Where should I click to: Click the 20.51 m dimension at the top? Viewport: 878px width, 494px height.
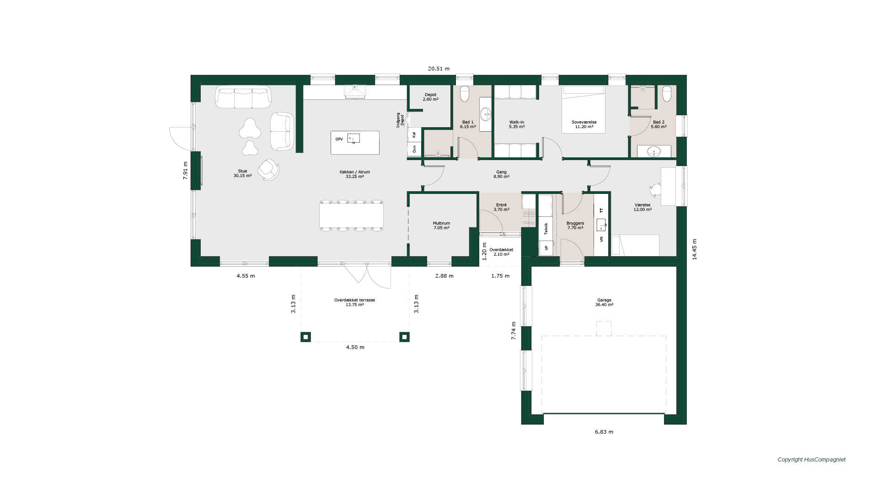439,69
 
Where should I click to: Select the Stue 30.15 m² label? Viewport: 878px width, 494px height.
242,173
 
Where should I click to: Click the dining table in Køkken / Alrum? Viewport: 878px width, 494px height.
351,215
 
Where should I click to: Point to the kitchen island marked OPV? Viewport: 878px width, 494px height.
355,143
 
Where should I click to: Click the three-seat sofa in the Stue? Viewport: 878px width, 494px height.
243,97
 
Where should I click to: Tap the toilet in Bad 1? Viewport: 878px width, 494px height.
465,93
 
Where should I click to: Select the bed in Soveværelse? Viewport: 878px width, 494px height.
584,109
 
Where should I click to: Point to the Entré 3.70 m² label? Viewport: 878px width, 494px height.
501,207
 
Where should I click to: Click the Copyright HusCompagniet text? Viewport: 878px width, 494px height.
812,460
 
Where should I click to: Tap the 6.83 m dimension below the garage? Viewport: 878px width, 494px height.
604,432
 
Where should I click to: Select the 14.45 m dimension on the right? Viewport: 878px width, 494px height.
694,249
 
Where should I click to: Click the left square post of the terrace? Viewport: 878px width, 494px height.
305,337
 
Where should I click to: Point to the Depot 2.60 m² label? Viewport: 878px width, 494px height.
430,97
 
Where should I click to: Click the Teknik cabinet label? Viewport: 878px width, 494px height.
546,229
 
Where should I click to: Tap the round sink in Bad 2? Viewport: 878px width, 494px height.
653,151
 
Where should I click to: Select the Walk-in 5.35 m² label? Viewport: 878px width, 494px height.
517,124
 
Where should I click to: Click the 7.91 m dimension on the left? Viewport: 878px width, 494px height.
185,171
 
